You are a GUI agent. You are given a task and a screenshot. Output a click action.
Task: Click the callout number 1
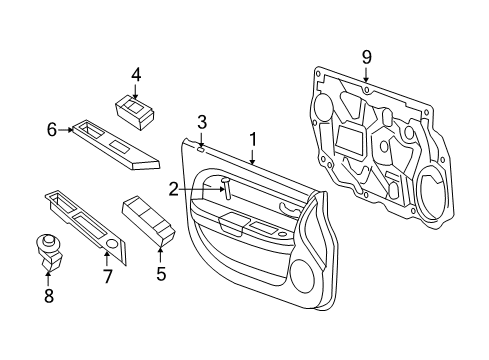click(x=253, y=139)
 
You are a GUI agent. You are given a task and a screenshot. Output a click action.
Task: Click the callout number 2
click(x=173, y=187)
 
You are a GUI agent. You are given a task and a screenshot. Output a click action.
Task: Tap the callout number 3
click(x=201, y=122)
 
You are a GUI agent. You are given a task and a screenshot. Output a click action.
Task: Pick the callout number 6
click(x=52, y=127)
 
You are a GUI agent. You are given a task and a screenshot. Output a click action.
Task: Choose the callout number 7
click(x=108, y=273)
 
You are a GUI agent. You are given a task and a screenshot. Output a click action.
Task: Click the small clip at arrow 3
click(x=201, y=147)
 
